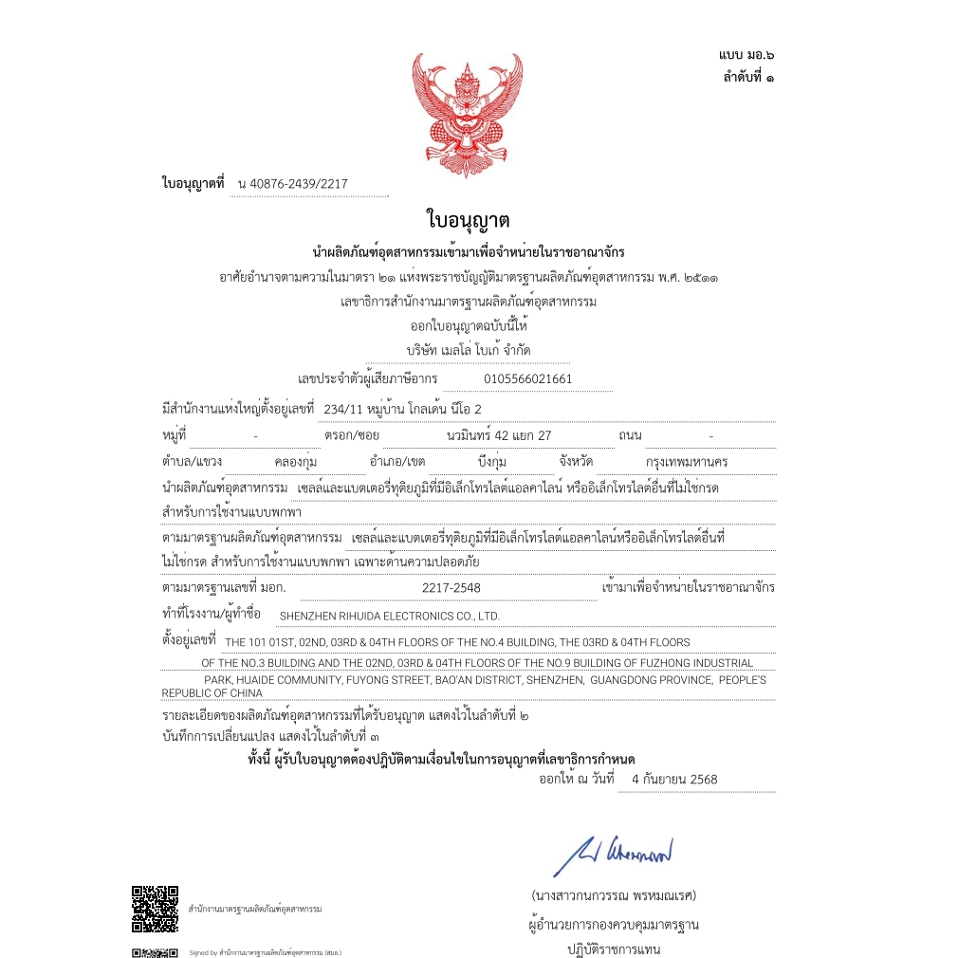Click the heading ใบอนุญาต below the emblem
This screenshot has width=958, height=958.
(469, 221)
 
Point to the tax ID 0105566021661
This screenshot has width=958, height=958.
(527, 379)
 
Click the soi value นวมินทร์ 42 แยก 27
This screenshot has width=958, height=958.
(498, 435)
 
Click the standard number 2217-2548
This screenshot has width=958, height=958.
(451, 588)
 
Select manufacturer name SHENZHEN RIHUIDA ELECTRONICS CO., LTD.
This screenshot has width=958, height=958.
(389, 616)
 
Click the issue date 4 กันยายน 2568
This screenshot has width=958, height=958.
(673, 780)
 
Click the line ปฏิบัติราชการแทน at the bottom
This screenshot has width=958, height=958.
(614, 949)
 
